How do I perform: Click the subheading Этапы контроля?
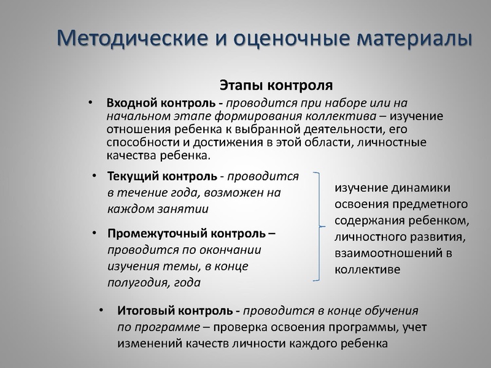coord(276,84)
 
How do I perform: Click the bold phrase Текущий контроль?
coord(161,177)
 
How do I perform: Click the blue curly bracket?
coord(318,227)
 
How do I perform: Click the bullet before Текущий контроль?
coord(94,177)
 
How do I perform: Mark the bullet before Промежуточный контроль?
coord(94,234)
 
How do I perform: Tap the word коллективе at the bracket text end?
coord(368,269)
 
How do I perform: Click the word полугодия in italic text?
coord(133,283)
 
